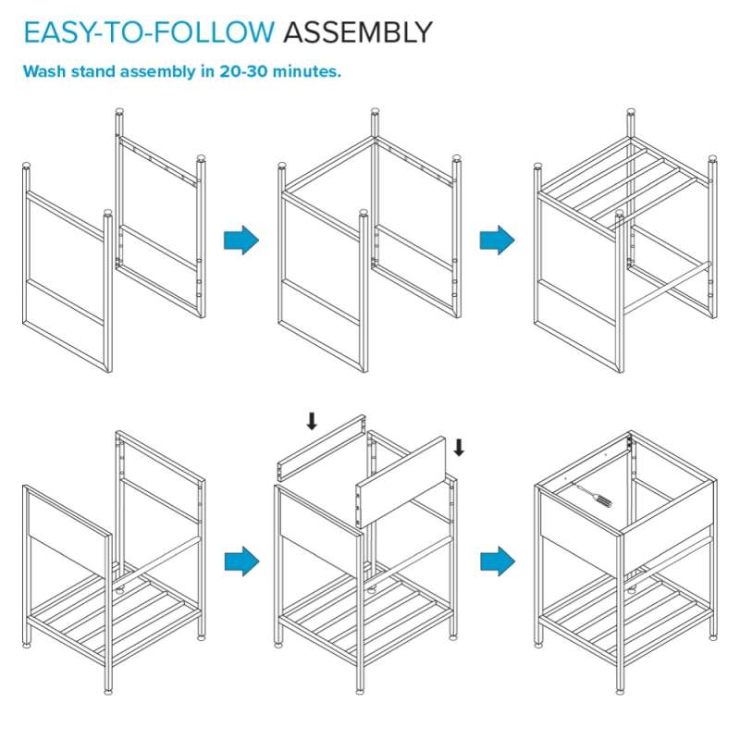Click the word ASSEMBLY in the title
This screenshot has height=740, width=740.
click(358, 32)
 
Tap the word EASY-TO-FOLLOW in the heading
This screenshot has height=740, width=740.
click(149, 32)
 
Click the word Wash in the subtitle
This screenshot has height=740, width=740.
click(44, 71)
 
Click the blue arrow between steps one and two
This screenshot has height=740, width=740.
click(241, 240)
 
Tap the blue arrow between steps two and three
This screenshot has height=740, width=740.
click(497, 240)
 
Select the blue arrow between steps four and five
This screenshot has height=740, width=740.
click(241, 561)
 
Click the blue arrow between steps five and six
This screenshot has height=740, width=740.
click(498, 561)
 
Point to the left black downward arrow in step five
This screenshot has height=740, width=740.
click(312, 421)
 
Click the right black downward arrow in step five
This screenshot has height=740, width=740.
click(459, 448)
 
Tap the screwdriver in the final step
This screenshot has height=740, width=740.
click(592, 494)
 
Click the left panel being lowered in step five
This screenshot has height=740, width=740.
click(322, 450)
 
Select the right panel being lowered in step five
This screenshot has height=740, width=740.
click(401, 482)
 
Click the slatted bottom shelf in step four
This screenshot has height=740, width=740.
click(114, 613)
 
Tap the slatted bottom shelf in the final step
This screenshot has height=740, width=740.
click(626, 613)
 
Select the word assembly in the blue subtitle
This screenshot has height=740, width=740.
click(157, 72)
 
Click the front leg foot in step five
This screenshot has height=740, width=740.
click(360, 691)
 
